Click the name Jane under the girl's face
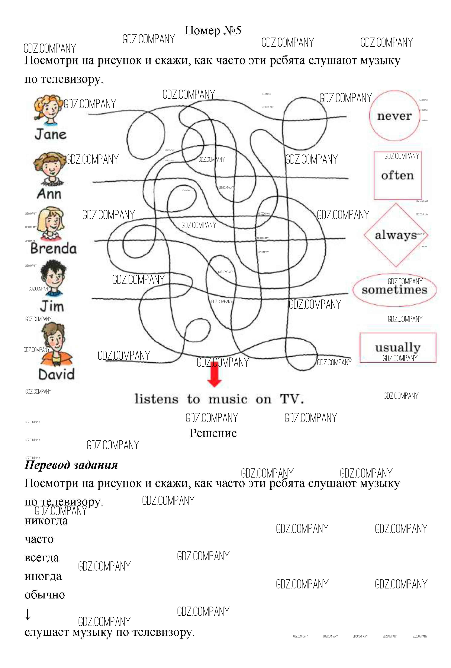pos(51,134)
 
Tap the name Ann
pos(49,194)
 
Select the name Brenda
pos(54,248)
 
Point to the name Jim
pos(52,306)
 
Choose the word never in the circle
pos(394,116)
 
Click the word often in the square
pos(397,175)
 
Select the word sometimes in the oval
pos(394,290)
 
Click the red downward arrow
pos(215,374)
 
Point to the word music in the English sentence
pos(228,399)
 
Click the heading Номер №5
pos(213,30)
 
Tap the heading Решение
pos(213,433)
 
